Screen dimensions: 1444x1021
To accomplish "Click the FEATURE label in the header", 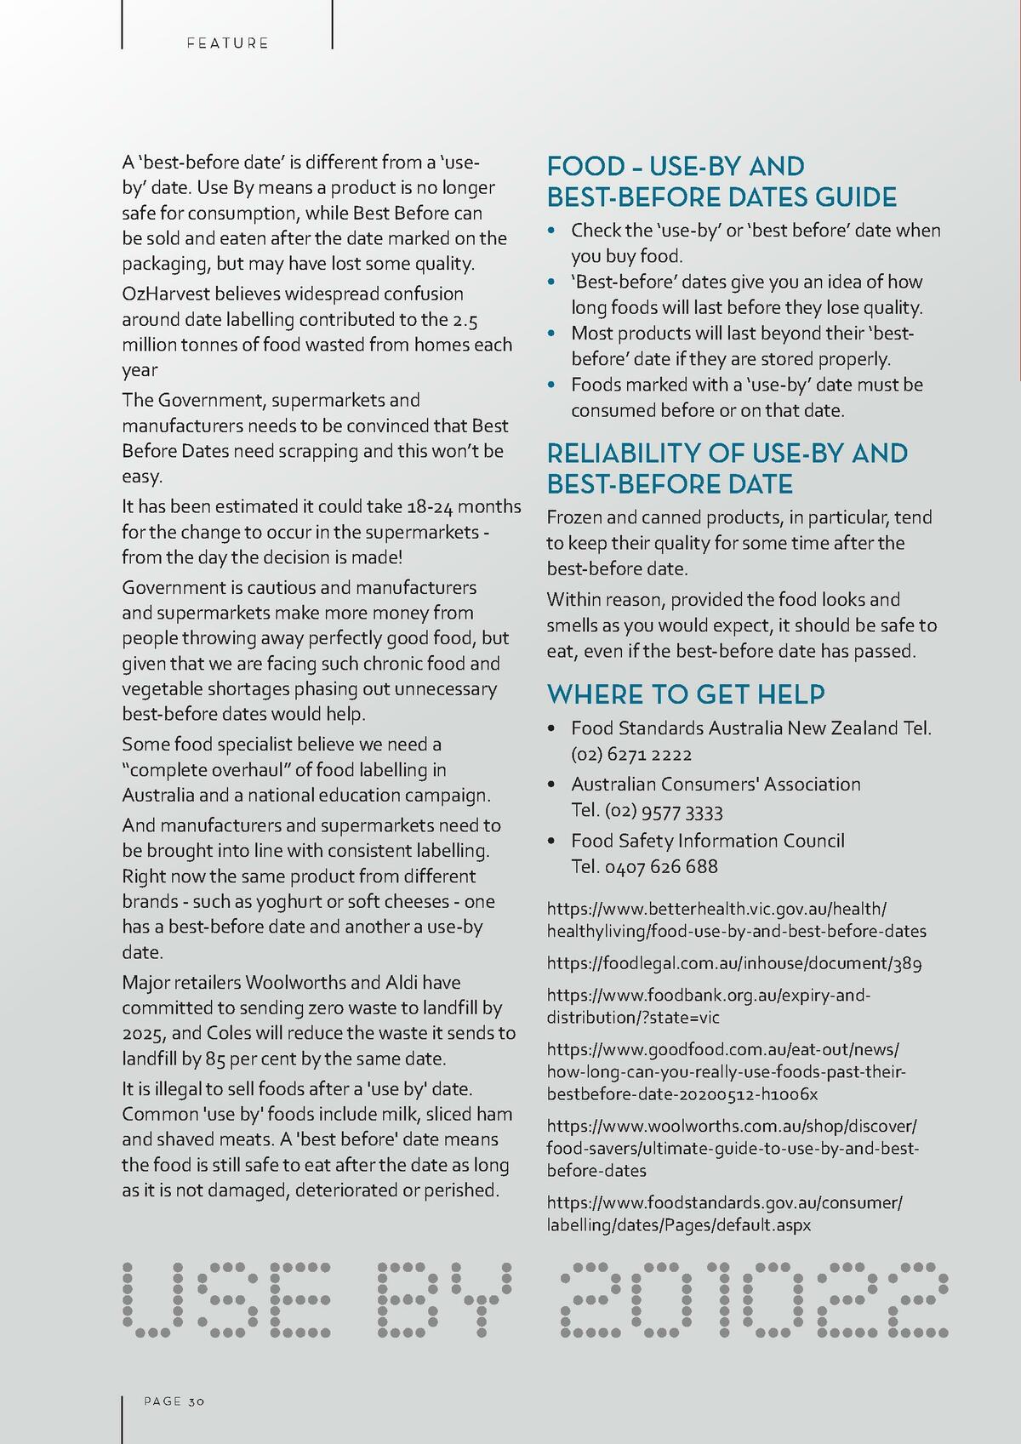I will (x=227, y=43).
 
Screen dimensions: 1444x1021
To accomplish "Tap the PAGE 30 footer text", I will (x=174, y=1401).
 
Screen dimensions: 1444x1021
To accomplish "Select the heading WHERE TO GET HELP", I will (x=686, y=694).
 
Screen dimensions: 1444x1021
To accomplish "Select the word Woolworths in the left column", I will (x=295, y=983).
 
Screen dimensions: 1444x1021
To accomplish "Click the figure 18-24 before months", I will (x=431, y=507).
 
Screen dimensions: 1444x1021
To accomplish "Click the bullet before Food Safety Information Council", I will (x=552, y=842).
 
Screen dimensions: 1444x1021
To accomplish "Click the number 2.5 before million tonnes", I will (x=465, y=320).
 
